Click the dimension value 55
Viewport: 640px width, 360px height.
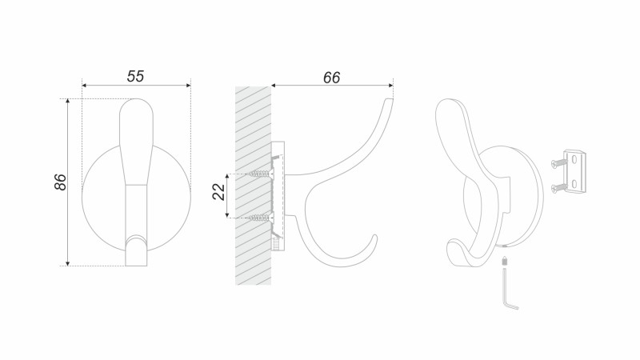(x=135, y=76)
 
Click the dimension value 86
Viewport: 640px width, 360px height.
(x=60, y=182)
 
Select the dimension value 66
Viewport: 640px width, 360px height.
(x=331, y=78)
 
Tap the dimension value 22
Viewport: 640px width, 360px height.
(x=218, y=192)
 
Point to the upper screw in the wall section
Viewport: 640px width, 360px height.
(x=261, y=174)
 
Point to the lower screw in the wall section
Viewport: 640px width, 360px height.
(x=261, y=218)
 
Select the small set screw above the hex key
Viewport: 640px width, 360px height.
(x=506, y=261)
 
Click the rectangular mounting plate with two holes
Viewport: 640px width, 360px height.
(x=575, y=171)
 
